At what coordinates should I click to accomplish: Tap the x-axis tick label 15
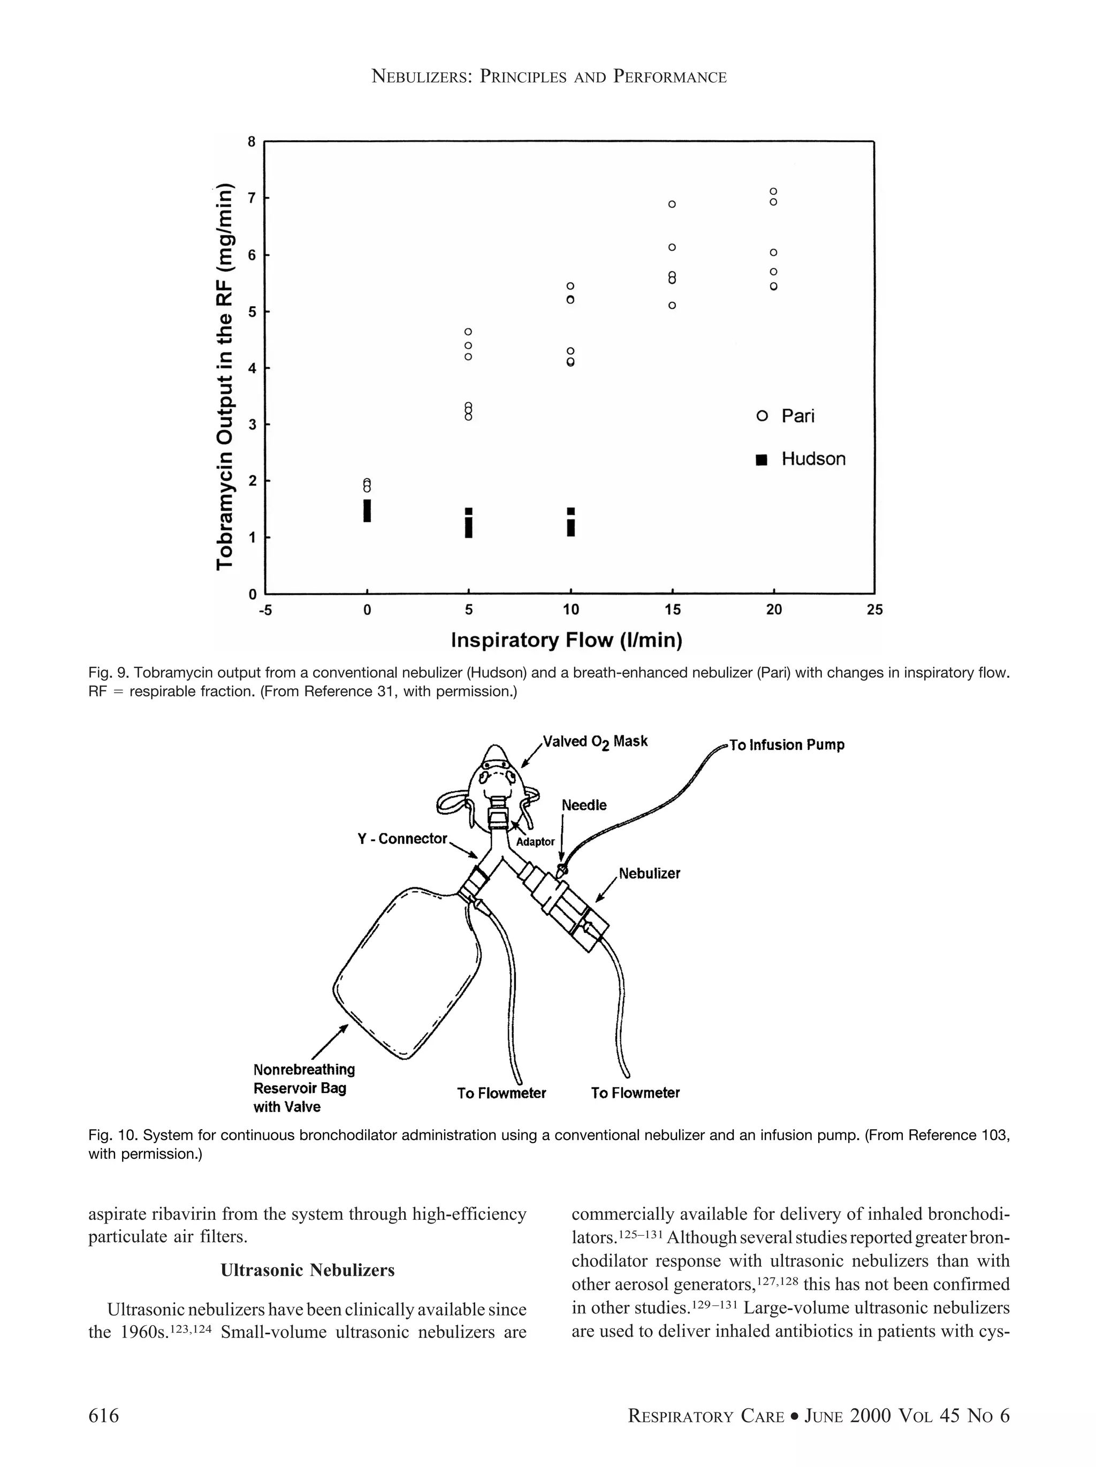tap(672, 610)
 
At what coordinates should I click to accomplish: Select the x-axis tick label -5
tap(264, 610)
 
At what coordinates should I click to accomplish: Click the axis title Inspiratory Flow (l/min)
tap(566, 640)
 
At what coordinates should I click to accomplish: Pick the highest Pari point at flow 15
tap(672, 204)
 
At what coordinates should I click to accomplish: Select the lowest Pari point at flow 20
tap(773, 286)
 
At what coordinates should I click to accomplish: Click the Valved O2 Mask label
tap(595, 741)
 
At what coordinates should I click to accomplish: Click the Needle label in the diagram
tap(583, 805)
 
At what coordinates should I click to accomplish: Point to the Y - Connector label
tap(402, 839)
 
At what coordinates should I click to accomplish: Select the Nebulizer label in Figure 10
tap(649, 873)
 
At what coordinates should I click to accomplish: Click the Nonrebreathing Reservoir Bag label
tap(303, 1088)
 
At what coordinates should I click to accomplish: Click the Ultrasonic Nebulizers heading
tap(307, 1270)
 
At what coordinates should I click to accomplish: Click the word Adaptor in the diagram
tap(535, 841)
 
